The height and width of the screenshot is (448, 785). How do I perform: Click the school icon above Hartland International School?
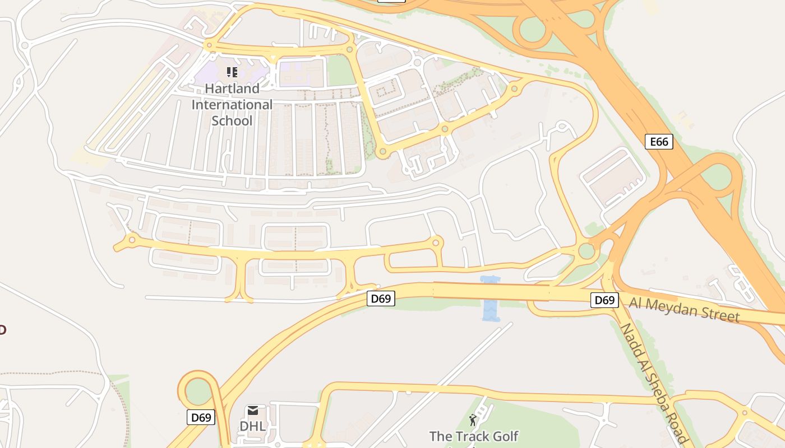point(232,72)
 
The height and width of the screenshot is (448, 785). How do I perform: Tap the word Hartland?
point(232,88)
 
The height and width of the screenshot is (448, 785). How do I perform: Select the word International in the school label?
point(232,105)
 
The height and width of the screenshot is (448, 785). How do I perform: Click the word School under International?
point(232,120)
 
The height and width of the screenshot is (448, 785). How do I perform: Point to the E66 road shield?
point(659,142)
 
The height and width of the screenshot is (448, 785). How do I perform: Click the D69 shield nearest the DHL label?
point(201,417)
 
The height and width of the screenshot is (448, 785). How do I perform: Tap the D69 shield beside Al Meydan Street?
point(604,300)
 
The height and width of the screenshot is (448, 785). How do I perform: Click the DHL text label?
point(252,426)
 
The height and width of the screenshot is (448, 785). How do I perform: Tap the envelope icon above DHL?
point(253,412)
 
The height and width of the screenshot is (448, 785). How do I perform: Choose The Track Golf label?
point(474,436)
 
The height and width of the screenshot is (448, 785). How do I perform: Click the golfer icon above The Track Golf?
point(473,420)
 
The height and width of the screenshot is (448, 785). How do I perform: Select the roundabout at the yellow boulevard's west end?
point(132,240)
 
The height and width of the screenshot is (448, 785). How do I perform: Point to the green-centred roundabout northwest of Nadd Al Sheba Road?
point(587,250)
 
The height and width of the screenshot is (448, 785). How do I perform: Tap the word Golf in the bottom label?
point(505,436)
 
